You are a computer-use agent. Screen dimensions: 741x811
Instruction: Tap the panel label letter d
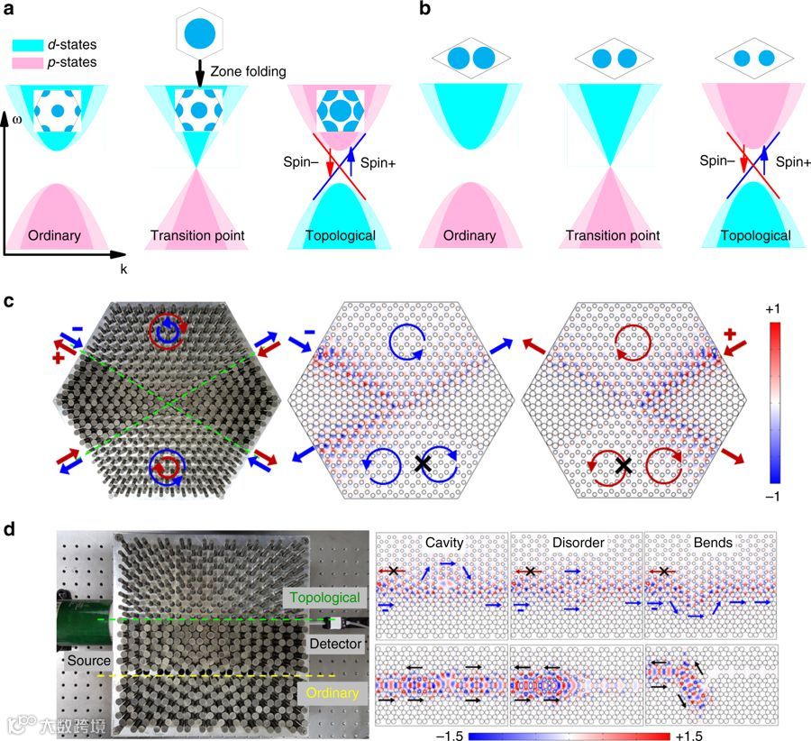[x=11, y=528]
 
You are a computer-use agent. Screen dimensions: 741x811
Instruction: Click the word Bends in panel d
[x=712, y=544]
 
